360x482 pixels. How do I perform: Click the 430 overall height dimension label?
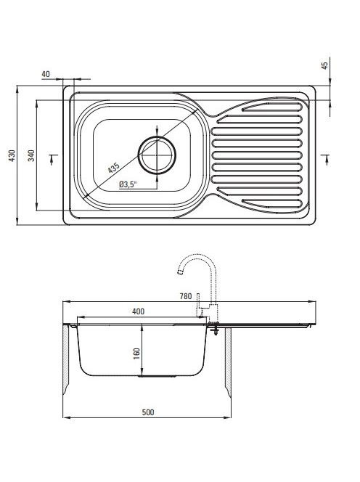pyautogui.click(x=12, y=155)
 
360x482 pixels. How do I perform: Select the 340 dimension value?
pyautogui.click(x=31, y=155)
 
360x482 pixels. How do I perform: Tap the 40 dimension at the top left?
pyautogui.click(x=46, y=74)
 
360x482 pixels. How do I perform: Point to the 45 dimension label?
pyautogui.click(x=325, y=65)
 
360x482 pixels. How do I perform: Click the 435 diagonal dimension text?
pyautogui.click(x=113, y=168)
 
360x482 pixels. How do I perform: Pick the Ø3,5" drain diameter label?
pyautogui.click(x=128, y=184)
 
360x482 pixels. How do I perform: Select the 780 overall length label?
pyautogui.click(x=186, y=296)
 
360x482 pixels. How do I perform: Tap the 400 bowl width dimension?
pyautogui.click(x=138, y=311)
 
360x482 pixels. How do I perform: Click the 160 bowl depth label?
pyautogui.click(x=136, y=354)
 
